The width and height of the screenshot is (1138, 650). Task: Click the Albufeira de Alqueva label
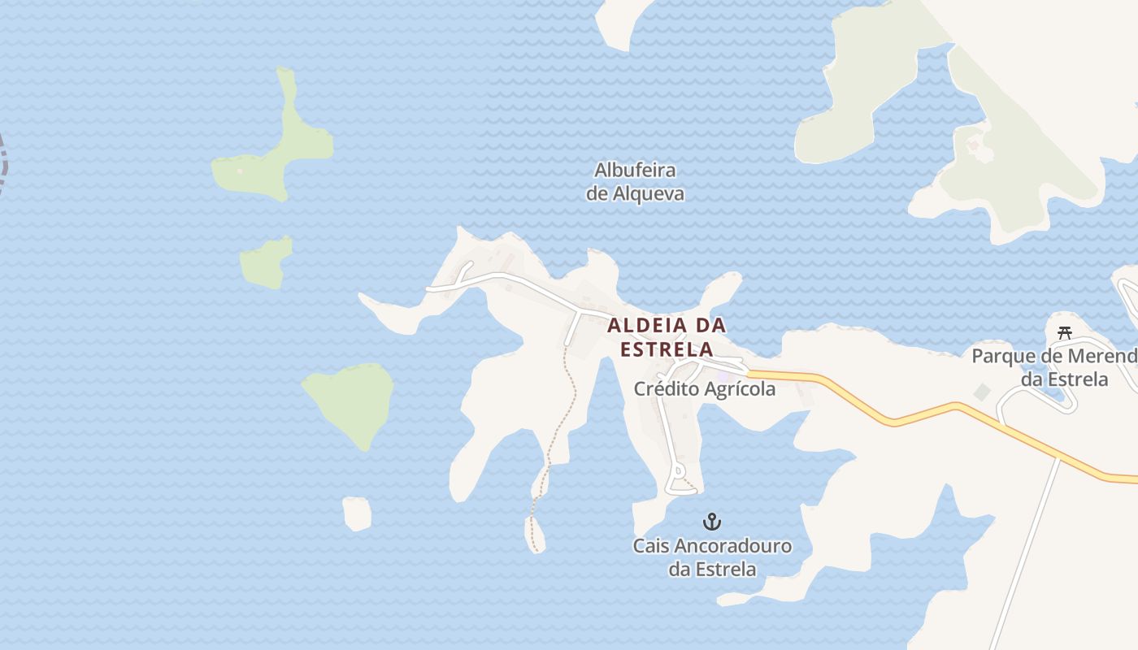635,182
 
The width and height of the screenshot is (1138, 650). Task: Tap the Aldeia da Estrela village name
667,337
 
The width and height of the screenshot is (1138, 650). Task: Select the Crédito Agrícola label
704,389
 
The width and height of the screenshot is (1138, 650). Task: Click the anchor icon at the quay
712,522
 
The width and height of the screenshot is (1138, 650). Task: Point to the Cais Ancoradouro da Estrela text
712,557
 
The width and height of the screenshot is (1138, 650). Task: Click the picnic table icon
1065,332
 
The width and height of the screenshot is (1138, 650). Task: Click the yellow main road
894,421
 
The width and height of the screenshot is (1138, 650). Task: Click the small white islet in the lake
357,513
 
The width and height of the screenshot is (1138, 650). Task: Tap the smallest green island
266,262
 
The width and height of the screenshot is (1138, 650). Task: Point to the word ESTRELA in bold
667,350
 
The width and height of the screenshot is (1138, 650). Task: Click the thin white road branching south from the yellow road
1028,552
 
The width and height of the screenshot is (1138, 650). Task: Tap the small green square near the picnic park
983,392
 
